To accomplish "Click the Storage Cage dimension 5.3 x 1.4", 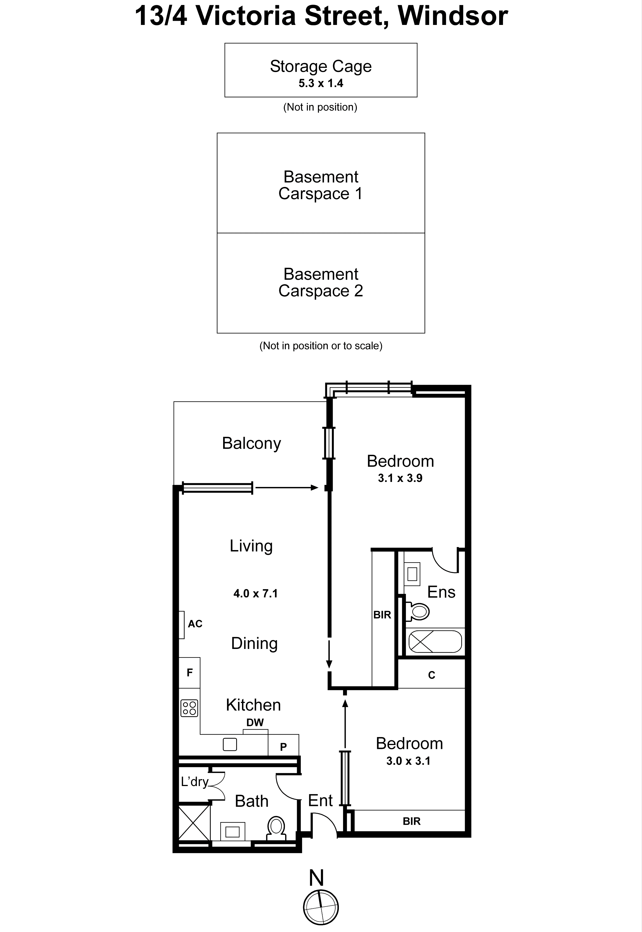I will pyautogui.click(x=321, y=83).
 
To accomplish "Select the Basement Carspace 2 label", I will pyautogui.click(x=321, y=283).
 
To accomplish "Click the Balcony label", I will pyautogui.click(x=251, y=443).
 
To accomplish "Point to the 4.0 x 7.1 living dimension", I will pyautogui.click(x=256, y=594).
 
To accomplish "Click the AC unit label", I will pyautogui.click(x=195, y=624).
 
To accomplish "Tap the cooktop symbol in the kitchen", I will pyautogui.click(x=189, y=708).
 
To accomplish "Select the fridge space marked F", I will pyautogui.click(x=189, y=672).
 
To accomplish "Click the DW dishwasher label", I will pyautogui.click(x=255, y=723).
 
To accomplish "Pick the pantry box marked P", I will pyautogui.click(x=283, y=747).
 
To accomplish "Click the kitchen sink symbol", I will pyautogui.click(x=230, y=744).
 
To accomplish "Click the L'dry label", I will pyautogui.click(x=195, y=782).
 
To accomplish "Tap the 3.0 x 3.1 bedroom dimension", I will pyautogui.click(x=408, y=761).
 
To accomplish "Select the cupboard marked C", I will pyautogui.click(x=432, y=675).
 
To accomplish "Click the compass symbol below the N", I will pyautogui.click(x=321, y=907).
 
